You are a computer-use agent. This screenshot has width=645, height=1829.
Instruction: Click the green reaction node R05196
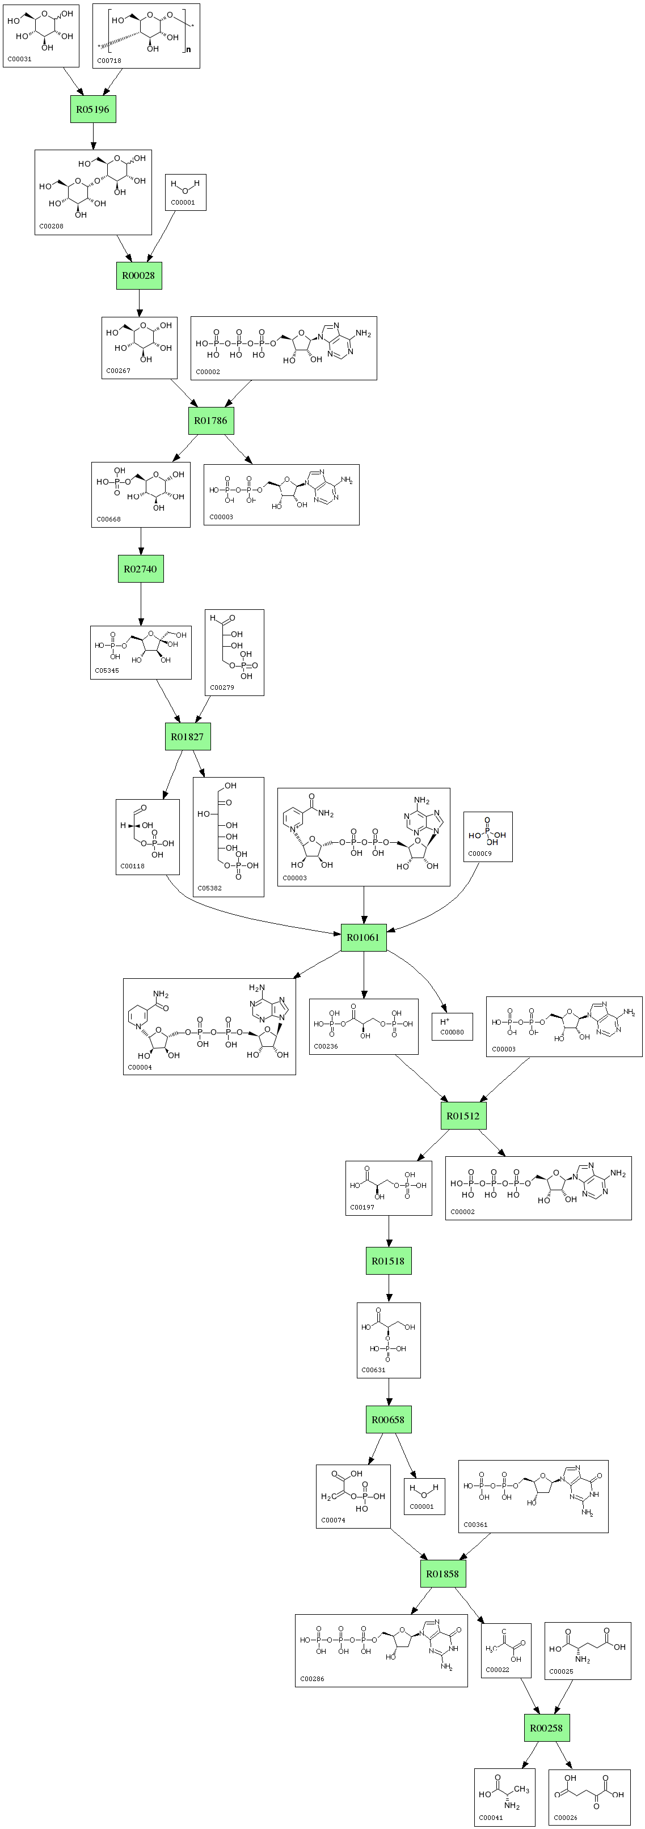(93, 109)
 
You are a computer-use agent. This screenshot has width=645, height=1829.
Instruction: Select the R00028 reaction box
(138, 275)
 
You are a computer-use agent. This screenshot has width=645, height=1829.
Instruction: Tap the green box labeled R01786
(211, 421)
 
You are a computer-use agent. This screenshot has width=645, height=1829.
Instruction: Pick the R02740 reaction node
(141, 568)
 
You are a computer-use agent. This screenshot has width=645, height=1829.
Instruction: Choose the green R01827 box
(188, 736)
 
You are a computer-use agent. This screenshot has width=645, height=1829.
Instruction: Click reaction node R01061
(363, 937)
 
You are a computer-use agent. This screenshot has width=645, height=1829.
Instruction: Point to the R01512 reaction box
(463, 1115)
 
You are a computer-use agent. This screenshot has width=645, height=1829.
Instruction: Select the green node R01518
(389, 1261)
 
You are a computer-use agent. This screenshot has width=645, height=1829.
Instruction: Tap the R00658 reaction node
(389, 1419)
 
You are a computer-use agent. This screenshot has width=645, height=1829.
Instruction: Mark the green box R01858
(442, 1573)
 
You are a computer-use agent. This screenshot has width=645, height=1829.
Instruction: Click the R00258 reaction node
(547, 1728)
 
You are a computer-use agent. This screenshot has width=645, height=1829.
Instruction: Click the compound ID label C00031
(20, 59)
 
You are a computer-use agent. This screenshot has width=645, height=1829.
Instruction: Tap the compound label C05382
(209, 888)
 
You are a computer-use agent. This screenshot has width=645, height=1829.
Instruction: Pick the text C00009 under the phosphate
(479, 854)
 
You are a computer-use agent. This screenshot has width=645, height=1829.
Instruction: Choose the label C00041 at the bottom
(491, 1818)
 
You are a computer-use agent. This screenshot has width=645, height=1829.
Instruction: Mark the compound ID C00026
(566, 1818)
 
